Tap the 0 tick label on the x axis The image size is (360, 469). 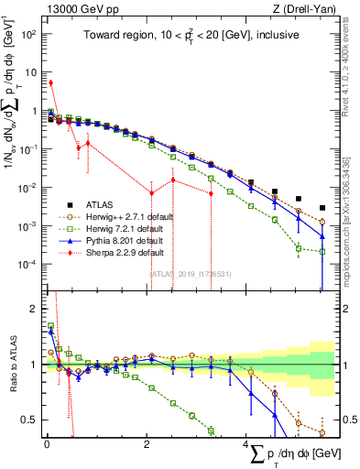46,444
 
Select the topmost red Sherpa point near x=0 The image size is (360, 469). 50,82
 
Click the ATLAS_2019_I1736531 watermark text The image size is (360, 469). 189,273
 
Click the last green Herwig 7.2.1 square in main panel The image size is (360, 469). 322,251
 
